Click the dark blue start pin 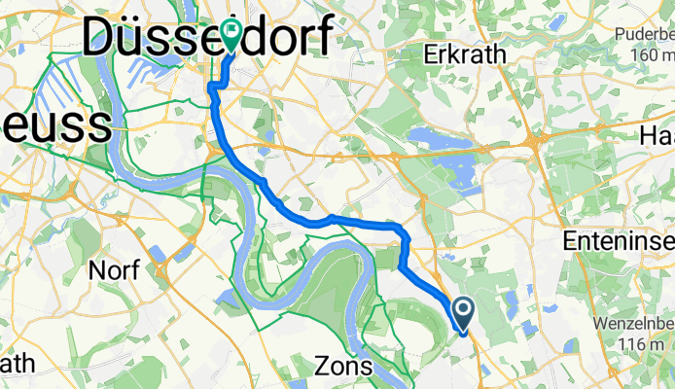coord(463,311)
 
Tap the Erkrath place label coord(464,54)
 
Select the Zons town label coord(344,367)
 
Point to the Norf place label coord(114,269)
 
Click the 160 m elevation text coord(643,54)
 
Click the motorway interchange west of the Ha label coord(537,144)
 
